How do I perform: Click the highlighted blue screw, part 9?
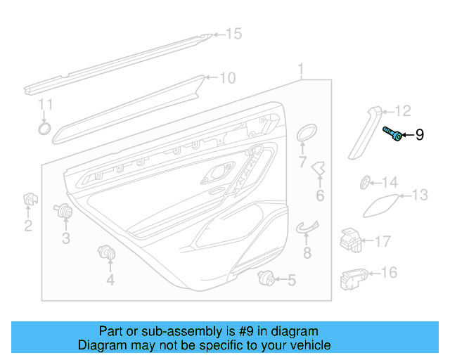[x=392, y=133]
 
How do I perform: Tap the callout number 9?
[x=420, y=134]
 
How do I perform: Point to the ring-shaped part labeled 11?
[x=44, y=128]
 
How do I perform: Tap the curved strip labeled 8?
[x=307, y=226]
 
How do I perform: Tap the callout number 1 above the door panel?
[x=300, y=69]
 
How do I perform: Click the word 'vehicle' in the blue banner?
[x=305, y=345]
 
